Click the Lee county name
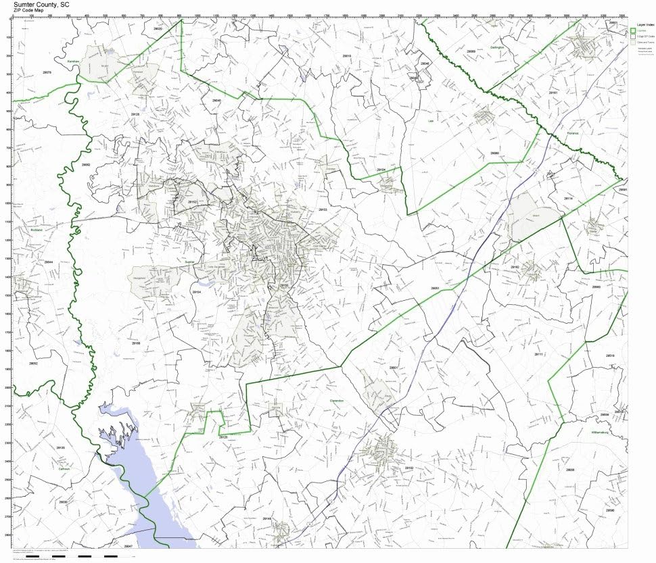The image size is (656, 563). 431,121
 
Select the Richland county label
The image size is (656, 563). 37,230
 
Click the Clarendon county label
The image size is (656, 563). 337,401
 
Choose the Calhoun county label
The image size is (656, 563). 64,468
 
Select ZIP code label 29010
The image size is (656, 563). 347,56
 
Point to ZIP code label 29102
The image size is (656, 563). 408,467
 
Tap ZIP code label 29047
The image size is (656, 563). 129,545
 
